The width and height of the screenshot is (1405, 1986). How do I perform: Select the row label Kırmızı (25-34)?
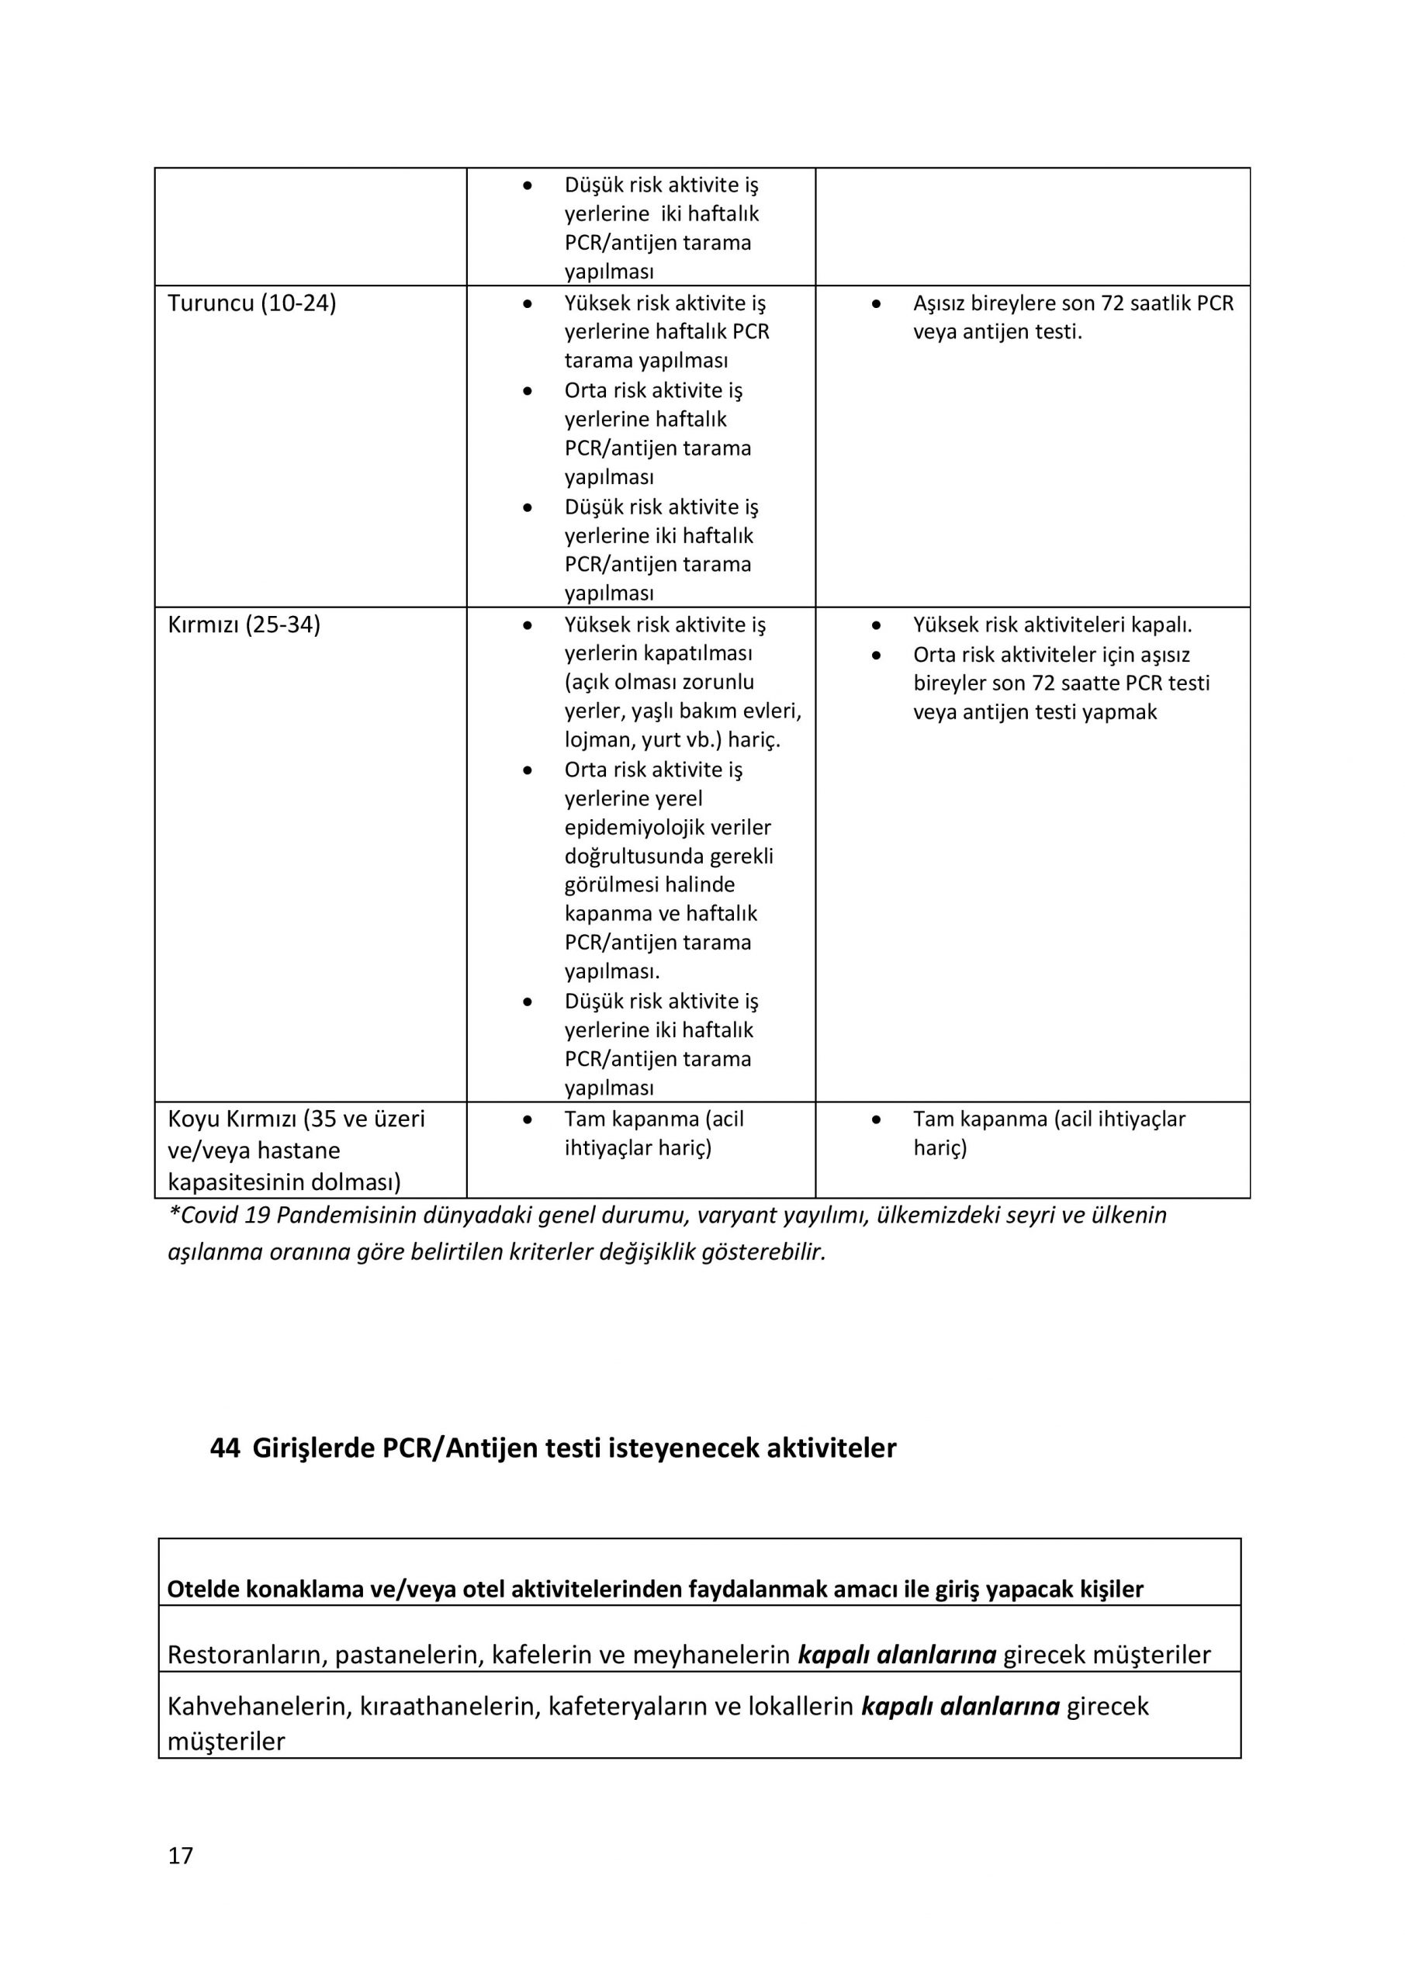(x=244, y=625)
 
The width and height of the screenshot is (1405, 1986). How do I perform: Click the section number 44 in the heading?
(x=225, y=1448)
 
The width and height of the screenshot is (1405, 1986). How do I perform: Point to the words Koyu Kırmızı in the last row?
(x=232, y=1119)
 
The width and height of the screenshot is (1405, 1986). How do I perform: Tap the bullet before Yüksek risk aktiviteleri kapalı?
(x=877, y=625)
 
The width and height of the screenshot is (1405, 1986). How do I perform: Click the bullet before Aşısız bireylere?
(x=877, y=304)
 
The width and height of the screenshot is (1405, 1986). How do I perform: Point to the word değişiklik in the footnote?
(x=647, y=1251)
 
